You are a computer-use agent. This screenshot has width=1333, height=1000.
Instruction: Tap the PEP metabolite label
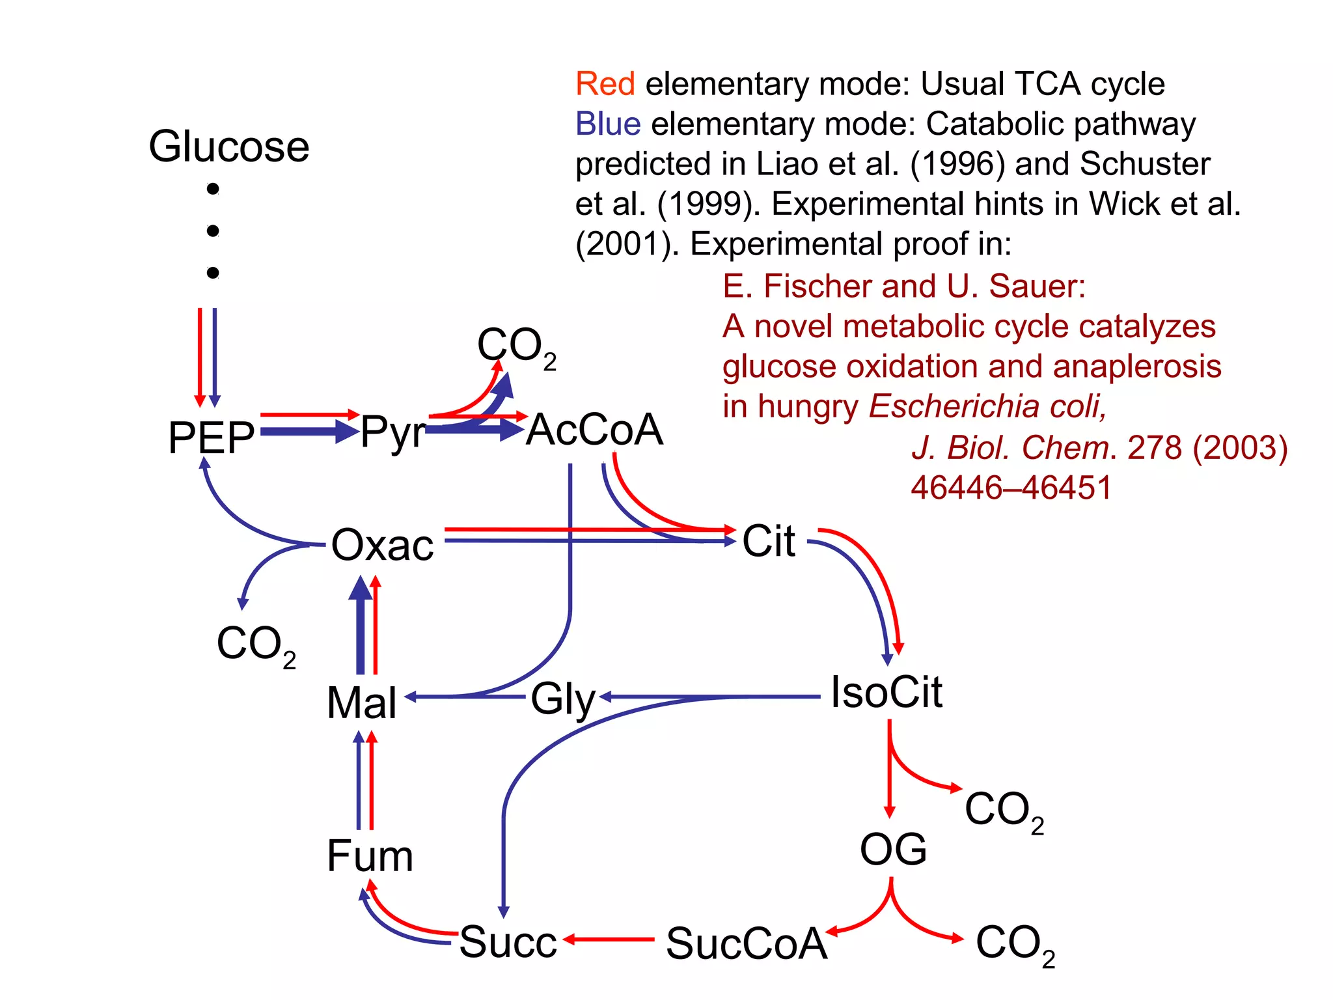pos(211,437)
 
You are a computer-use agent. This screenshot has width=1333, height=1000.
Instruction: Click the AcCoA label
pos(594,430)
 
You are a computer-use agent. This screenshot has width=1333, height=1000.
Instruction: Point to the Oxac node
pos(382,545)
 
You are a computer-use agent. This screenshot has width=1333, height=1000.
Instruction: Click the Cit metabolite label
pos(769,541)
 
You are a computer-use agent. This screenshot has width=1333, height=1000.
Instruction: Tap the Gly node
pos(563,700)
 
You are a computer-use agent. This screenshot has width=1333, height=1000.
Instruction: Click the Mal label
pos(361,703)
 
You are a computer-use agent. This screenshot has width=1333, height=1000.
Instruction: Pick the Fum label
pos(370,855)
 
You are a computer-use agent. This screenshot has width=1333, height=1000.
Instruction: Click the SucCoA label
pos(746,943)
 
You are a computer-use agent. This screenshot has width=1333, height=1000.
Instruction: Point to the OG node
pos(893,850)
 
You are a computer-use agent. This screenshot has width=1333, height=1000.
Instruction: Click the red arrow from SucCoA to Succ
pos(609,939)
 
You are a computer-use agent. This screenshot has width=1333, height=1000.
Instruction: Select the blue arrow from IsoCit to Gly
pos(709,697)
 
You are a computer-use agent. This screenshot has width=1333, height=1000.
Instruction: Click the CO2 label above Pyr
pos(515,346)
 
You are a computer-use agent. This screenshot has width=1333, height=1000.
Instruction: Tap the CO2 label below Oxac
pos(255,645)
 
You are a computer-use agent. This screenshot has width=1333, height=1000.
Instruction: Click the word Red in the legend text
pos(605,84)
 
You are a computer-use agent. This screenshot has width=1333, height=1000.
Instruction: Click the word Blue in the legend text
pos(608,124)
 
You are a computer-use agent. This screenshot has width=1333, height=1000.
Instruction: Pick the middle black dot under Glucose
pos(213,230)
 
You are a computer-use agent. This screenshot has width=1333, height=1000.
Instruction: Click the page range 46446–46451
pos(1011,488)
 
